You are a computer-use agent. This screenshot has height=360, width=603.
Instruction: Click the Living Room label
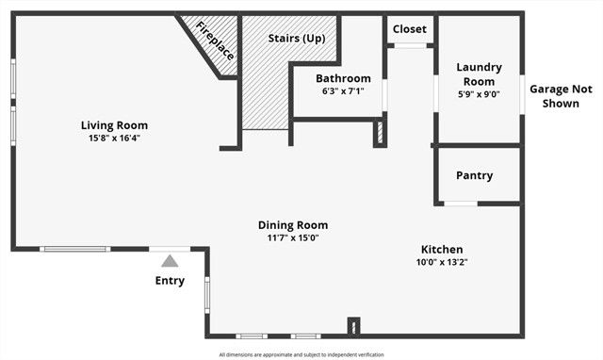click(x=114, y=125)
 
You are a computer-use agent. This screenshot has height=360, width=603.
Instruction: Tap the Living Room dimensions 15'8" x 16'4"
click(x=114, y=138)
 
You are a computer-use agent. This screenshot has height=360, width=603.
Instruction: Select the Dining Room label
click(x=293, y=225)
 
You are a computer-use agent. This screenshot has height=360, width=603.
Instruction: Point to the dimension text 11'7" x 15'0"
click(x=293, y=237)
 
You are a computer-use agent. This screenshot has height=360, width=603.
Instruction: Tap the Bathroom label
click(x=343, y=78)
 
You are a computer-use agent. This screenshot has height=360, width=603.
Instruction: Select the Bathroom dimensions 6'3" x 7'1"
click(x=343, y=90)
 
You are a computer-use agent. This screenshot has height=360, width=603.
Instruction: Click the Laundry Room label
click(x=479, y=74)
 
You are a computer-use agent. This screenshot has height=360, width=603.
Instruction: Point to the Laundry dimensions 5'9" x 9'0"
click(x=479, y=93)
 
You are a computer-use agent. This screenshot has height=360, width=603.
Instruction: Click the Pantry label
click(x=474, y=176)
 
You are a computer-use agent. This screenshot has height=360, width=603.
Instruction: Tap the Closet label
click(x=409, y=29)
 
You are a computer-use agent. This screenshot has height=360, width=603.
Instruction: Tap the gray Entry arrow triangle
click(x=170, y=261)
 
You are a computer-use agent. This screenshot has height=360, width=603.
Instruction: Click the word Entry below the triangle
click(x=170, y=281)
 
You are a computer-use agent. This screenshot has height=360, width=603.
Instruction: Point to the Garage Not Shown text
click(x=561, y=96)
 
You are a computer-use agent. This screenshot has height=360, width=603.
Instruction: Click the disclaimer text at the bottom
click(x=301, y=354)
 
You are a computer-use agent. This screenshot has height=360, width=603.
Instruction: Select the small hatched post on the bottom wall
click(x=353, y=327)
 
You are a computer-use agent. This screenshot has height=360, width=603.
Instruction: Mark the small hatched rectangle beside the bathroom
click(x=380, y=131)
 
